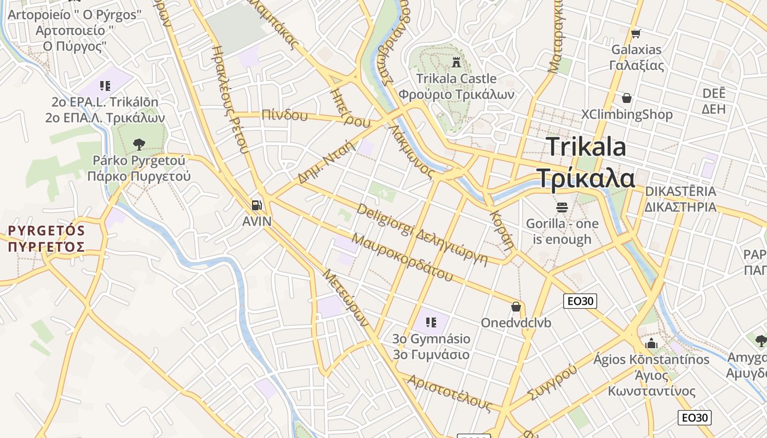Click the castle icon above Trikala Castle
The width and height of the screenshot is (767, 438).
tap(456, 63)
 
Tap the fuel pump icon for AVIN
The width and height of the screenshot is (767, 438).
tap(256, 205)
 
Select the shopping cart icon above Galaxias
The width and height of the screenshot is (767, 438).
tap(636, 34)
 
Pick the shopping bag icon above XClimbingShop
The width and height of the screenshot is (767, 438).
tap(626, 98)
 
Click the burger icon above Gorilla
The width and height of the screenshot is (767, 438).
tap(562, 208)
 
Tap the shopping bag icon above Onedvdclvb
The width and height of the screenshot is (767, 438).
tap(516, 307)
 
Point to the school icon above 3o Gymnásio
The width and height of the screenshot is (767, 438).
tap(431, 322)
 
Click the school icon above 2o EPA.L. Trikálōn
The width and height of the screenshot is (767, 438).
tap(105, 85)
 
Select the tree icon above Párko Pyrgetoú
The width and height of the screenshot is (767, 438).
tap(139, 145)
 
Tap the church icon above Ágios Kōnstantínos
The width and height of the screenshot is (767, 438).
tap(651, 343)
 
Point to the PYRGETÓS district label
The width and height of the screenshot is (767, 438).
tap(47, 230)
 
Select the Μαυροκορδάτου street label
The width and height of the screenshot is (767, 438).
tap(402, 257)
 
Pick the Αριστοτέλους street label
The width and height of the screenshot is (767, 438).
tap(449, 393)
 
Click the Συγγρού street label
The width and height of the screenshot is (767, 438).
tap(552, 383)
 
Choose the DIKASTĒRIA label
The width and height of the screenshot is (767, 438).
tap(680, 192)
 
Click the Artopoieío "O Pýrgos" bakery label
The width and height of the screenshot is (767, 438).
tap(75, 14)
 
